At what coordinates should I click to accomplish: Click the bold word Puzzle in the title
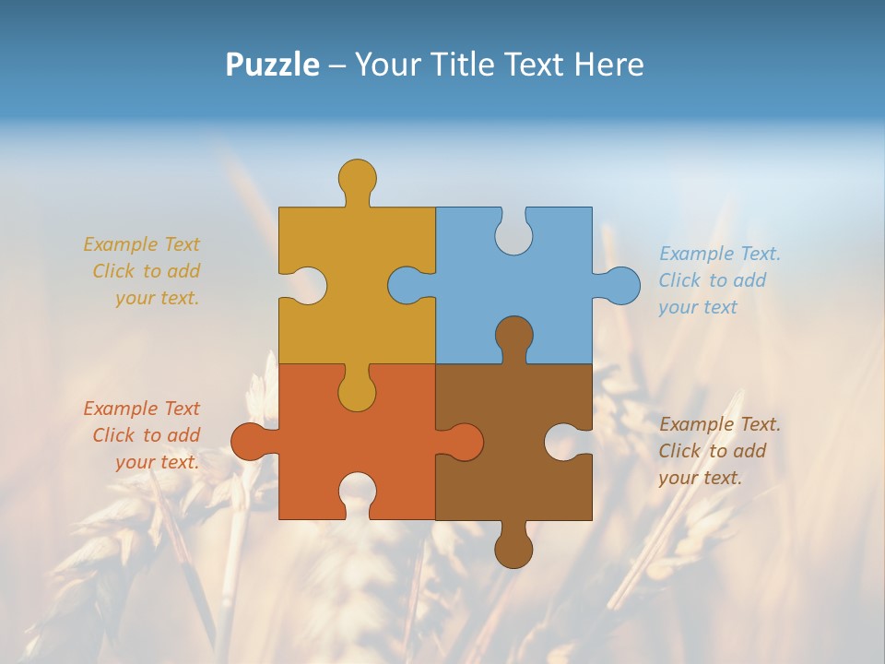[x=273, y=65]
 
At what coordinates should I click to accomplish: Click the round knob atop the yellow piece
[x=357, y=177]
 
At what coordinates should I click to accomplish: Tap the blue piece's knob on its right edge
[x=620, y=285]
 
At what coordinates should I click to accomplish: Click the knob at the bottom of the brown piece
[x=513, y=549]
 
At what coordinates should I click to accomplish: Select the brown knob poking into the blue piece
[x=513, y=336]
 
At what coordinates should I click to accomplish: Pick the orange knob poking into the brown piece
[x=463, y=442]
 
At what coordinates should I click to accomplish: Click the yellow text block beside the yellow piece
[x=143, y=271]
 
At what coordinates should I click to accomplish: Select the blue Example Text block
[x=719, y=280]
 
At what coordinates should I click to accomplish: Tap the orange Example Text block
[x=143, y=435]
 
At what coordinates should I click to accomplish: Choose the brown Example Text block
[x=719, y=451]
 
